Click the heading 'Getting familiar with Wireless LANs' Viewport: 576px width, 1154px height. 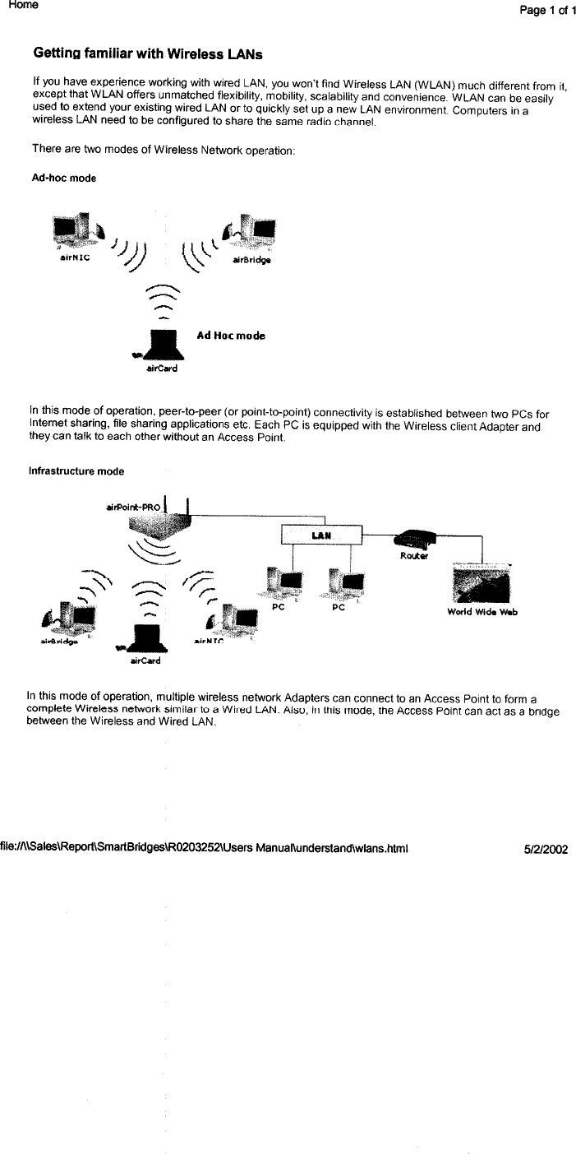coord(148,54)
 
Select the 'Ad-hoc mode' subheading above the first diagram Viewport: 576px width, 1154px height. coord(64,178)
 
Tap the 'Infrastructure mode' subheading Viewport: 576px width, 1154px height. coord(76,471)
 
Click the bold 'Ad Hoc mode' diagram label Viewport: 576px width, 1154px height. coord(231,336)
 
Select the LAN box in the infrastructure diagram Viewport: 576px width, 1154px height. coord(320,535)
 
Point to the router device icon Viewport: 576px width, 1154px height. coord(416,540)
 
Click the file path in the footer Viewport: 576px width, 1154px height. coord(205,847)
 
